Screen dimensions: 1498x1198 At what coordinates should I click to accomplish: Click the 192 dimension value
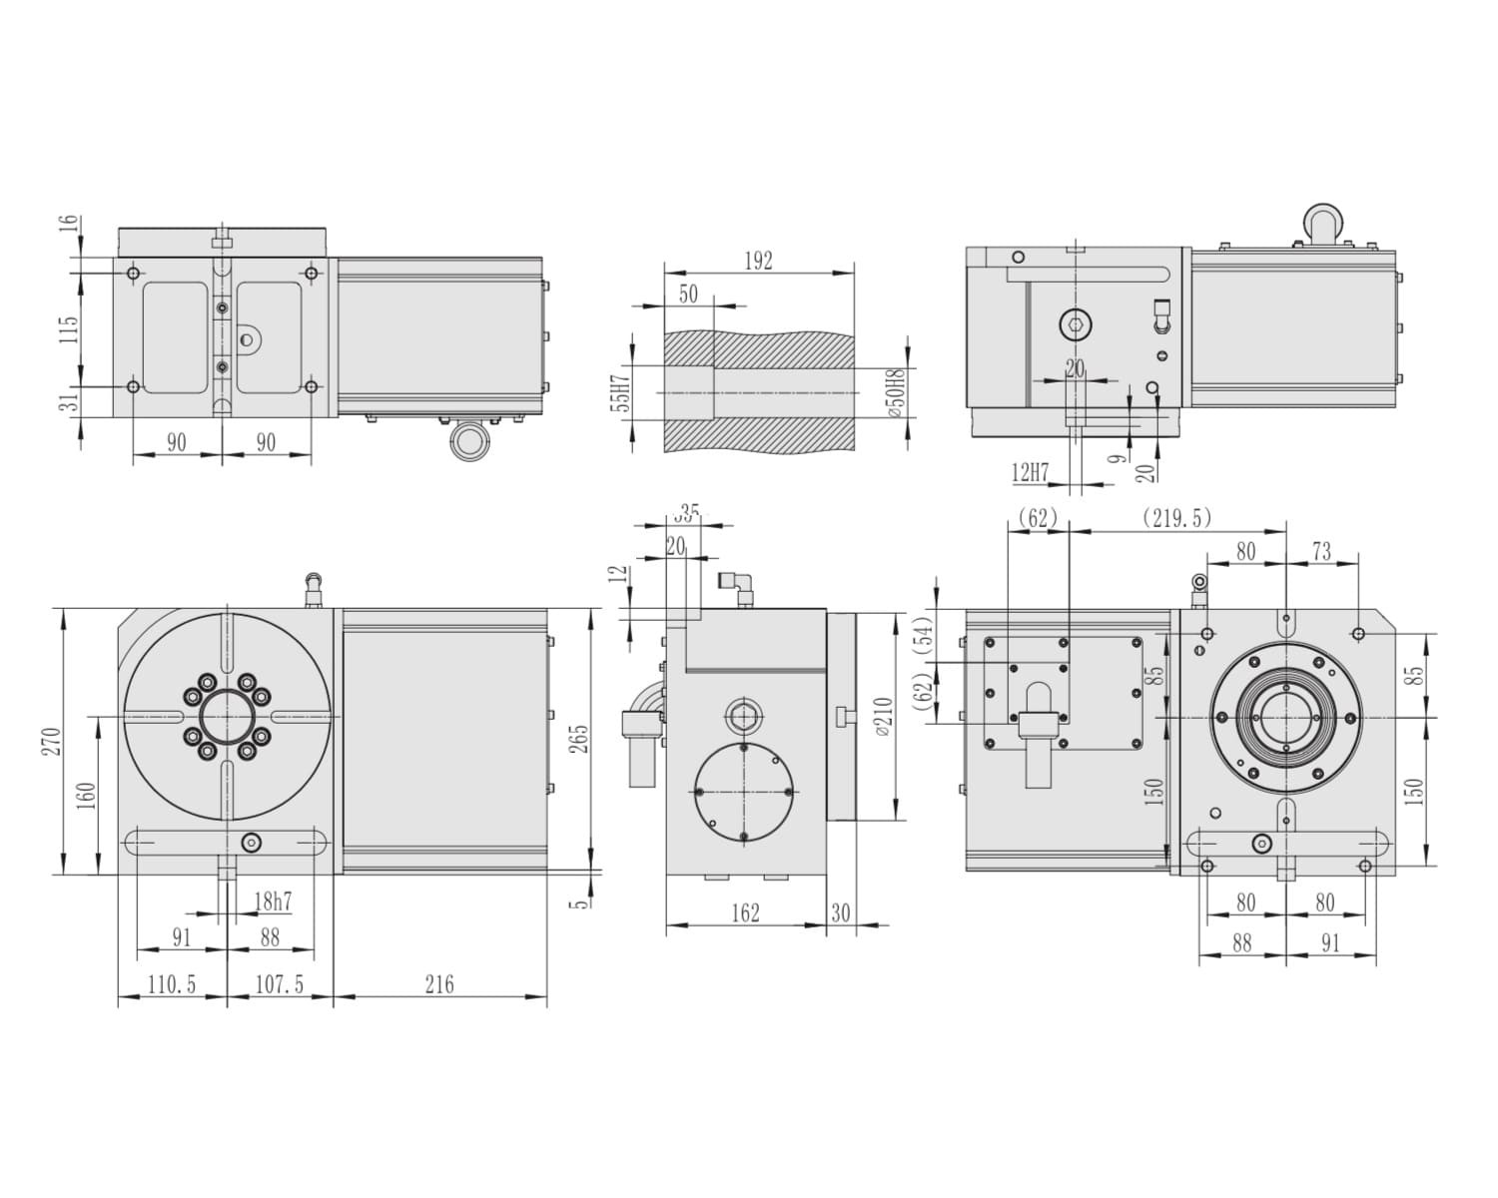coord(758,261)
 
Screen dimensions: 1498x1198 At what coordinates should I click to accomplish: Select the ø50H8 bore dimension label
coord(897,392)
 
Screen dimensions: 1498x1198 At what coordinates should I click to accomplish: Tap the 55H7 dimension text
coord(619,393)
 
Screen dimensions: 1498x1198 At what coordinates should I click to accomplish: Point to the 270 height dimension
coord(53,742)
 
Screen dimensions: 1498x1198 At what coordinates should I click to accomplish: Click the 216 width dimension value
coord(439,985)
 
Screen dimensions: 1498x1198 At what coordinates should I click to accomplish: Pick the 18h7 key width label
coord(273,901)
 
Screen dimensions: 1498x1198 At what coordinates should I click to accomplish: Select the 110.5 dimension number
coord(172,985)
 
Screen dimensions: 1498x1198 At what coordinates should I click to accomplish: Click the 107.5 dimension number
coord(280,985)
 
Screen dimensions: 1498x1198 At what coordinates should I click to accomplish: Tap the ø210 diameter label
coord(884,716)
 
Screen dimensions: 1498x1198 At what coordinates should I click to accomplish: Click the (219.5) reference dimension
coord(1177,518)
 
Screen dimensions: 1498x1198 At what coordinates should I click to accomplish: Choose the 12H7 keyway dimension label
coord(1030,472)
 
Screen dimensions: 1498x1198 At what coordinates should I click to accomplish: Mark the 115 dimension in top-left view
coord(68,329)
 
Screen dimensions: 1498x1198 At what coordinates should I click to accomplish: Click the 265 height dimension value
coord(579,739)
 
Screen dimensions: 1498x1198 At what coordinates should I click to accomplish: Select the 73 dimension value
coord(1321,552)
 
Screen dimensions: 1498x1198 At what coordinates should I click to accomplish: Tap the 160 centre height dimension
coord(86,796)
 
